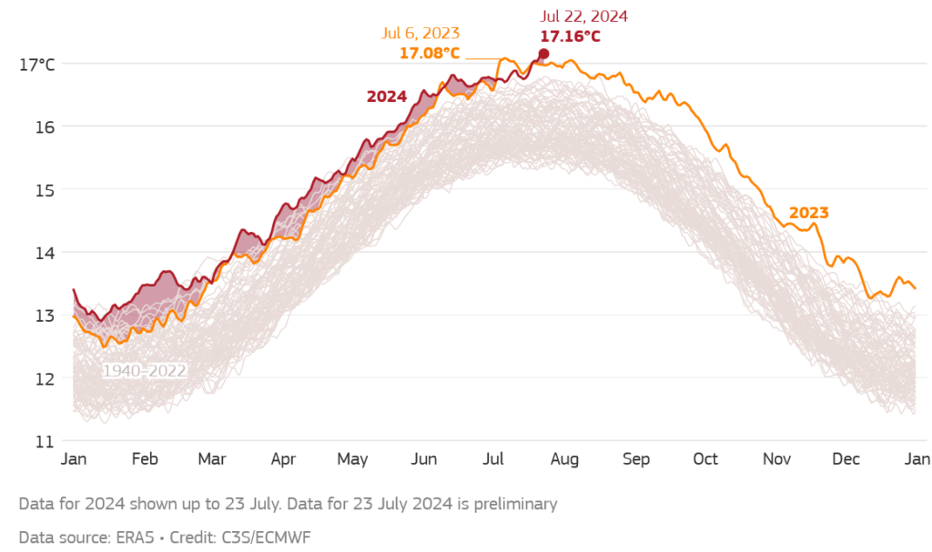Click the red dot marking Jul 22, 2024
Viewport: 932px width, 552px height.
pos(543,54)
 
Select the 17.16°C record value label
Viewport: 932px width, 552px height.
pos(570,36)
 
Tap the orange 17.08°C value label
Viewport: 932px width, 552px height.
pos(430,53)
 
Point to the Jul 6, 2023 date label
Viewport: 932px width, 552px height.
pos(420,34)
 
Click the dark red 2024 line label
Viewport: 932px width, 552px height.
pos(387,96)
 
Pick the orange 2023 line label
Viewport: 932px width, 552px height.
pos(808,213)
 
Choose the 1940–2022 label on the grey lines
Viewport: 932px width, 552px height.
pos(145,371)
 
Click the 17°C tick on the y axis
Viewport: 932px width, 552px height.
pos(36,65)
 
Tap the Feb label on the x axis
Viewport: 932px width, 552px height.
pos(145,459)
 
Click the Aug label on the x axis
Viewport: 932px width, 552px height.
pos(564,459)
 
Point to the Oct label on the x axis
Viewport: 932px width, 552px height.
pos(705,459)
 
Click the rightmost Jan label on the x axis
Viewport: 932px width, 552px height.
pos(916,459)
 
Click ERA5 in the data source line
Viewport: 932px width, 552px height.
pos(135,537)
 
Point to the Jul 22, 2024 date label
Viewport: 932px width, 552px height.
pos(583,16)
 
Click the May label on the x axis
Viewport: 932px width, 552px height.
pos(353,459)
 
